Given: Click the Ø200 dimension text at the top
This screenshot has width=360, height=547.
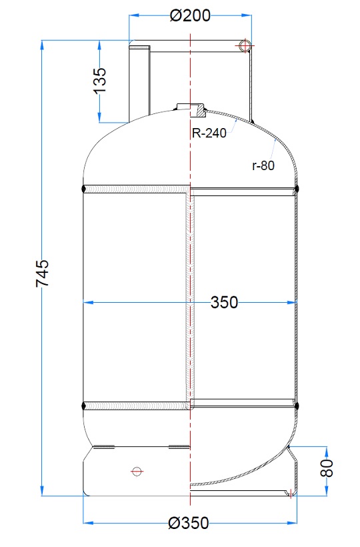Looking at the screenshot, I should click(x=190, y=15).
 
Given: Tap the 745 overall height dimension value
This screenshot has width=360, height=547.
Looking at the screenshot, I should click(x=42, y=273).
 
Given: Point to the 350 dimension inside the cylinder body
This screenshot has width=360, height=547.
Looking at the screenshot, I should click(x=224, y=302).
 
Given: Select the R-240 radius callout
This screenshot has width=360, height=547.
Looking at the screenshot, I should click(x=209, y=133).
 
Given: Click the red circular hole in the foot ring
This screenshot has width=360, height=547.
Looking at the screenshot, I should click(x=137, y=471).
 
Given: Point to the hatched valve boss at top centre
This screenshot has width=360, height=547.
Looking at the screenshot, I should click(x=191, y=108).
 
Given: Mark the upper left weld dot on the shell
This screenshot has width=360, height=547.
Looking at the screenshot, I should click(x=83, y=189).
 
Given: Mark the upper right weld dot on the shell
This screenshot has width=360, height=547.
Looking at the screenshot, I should click(x=298, y=189).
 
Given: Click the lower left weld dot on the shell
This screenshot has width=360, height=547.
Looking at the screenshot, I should click(x=83, y=404).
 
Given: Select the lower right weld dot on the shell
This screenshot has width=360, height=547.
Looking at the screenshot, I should click(x=298, y=404).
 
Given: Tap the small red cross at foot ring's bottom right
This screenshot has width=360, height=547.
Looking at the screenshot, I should click(x=290, y=493).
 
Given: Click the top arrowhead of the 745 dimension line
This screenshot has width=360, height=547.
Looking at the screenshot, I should click(x=43, y=45).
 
